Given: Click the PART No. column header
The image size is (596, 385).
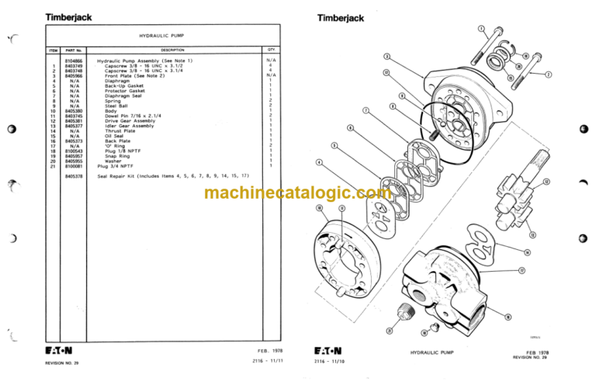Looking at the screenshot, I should point(74,49).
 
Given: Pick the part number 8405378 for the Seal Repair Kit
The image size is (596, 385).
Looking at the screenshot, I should point(74,177).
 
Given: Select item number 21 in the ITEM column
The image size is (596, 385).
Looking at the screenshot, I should point(53,166).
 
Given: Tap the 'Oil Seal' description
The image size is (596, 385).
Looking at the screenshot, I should point(115,136).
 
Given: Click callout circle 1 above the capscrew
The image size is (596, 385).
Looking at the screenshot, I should point(482,30).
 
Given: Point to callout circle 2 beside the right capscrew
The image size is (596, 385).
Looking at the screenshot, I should point(549,75).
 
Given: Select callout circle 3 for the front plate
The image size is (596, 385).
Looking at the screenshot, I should point(387,56).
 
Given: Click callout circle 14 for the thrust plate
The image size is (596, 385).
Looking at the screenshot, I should point(527,252).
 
